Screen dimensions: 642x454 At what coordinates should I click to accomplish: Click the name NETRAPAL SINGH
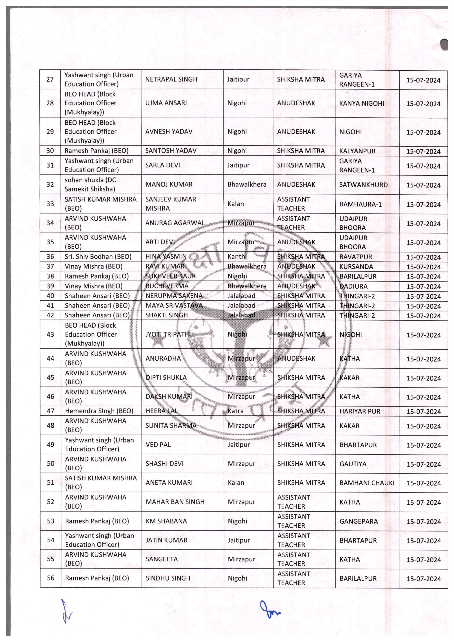tap(171, 79)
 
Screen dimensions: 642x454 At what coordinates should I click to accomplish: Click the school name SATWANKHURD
tap(363, 185)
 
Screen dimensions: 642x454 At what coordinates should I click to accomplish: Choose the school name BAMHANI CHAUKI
tap(367, 483)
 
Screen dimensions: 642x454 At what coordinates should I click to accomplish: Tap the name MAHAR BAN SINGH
tap(175, 502)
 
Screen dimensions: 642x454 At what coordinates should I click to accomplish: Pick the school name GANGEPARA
tap(358, 521)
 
